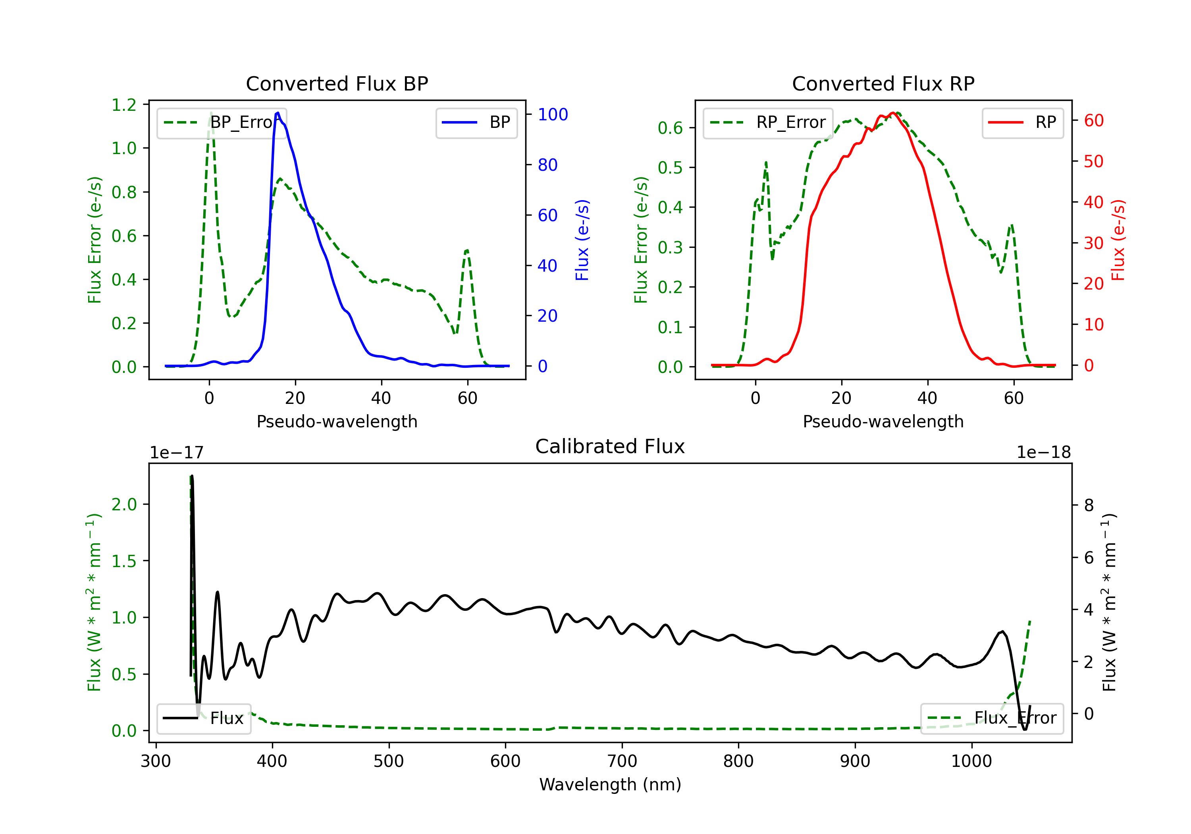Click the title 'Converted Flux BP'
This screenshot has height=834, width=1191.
(x=337, y=83)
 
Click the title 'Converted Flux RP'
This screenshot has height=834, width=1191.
(x=883, y=83)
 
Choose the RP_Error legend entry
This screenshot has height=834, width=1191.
(x=768, y=122)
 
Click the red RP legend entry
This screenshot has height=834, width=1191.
(x=1022, y=122)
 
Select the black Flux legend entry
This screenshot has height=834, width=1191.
(x=204, y=718)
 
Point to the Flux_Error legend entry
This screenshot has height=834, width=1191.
(x=991, y=718)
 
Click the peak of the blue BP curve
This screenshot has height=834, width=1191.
(x=278, y=113)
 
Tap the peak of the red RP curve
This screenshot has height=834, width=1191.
(x=892, y=113)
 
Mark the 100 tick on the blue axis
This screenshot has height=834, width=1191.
(x=553, y=115)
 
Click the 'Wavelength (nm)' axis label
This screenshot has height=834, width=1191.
(x=610, y=784)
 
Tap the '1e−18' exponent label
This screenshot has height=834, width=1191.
(x=1043, y=453)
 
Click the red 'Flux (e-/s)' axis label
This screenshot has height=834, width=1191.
(x=1118, y=240)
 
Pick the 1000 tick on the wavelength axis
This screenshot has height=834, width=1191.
(x=971, y=761)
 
